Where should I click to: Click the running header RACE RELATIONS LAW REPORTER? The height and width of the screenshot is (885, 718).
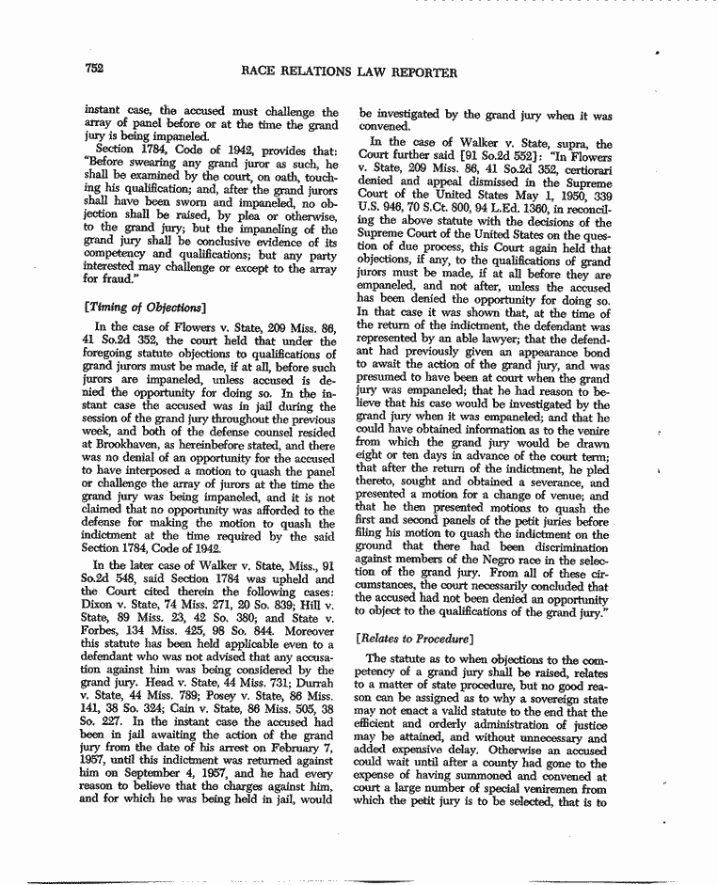point(350,71)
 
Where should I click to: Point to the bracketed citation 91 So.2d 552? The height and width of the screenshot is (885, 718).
point(487,157)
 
